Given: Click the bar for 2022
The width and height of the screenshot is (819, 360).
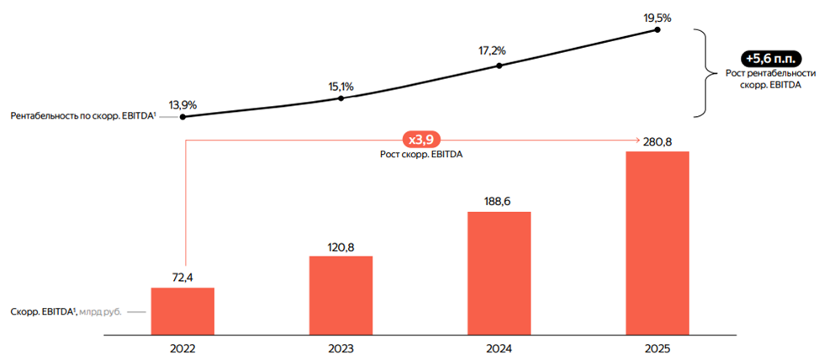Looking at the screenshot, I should point(182,310).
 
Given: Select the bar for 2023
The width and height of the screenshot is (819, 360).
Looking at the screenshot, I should point(341,294).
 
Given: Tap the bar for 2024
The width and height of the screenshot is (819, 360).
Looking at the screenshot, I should point(499,273).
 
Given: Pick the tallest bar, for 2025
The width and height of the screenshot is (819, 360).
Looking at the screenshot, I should point(658,242).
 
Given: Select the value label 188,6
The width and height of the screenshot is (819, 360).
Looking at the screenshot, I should point(499,201).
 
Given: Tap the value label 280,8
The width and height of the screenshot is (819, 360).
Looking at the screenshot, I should point(658,140).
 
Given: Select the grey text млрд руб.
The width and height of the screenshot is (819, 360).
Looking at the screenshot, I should point(103,312).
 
